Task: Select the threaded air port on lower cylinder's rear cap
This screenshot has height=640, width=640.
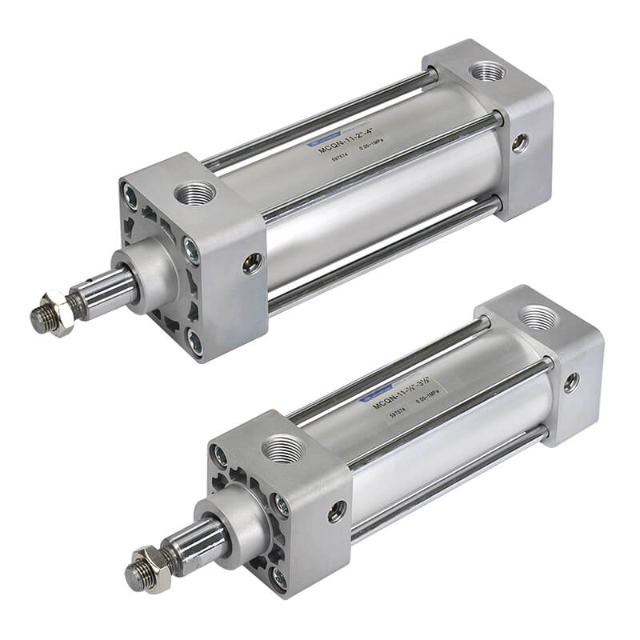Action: (x=532, y=318)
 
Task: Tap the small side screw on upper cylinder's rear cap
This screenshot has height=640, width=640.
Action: (x=521, y=142)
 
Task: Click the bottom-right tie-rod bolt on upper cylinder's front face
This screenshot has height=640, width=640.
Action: (x=194, y=339)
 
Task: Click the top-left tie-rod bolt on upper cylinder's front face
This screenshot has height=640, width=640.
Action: (x=130, y=192)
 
